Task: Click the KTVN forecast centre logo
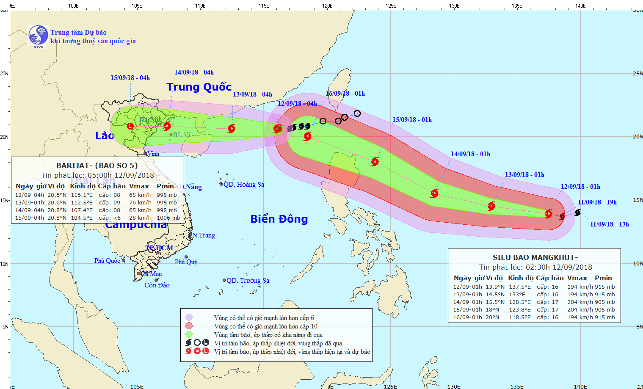click(x=38, y=36)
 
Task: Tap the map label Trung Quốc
click(x=199, y=87)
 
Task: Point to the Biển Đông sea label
click(x=279, y=219)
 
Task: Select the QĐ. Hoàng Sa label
click(x=244, y=185)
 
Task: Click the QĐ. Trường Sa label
click(x=248, y=281)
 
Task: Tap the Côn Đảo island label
click(x=157, y=285)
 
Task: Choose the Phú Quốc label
click(x=107, y=261)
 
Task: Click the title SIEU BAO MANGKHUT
click(x=535, y=257)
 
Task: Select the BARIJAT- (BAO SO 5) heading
click(x=97, y=166)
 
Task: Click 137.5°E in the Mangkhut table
click(x=520, y=287)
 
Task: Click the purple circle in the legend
click(x=189, y=317)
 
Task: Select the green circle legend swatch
click(x=189, y=334)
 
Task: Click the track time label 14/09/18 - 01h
click(x=470, y=154)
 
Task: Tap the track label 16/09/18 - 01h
click(x=345, y=94)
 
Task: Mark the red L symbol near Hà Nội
click(x=130, y=126)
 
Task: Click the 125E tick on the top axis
click(x=391, y=6)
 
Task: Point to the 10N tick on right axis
click(x=638, y=263)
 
